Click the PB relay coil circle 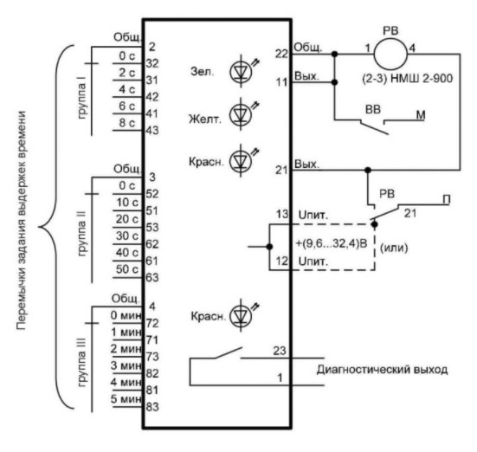pos(390,55)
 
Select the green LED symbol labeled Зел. pos(242,71)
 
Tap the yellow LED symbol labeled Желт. pos(242,114)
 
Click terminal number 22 pos(281,54)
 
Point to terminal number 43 pos(152,130)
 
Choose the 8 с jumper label pos(127,123)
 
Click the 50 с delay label pos(127,269)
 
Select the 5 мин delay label pos(126,398)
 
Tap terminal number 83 pos(152,407)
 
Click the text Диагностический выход pos(382,370)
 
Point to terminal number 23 pos(280,351)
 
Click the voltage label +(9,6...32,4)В pos(332,243)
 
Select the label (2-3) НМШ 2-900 pos(408,79)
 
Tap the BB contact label pos(372,110)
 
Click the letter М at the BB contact pos(421,115)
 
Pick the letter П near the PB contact pos(447,200)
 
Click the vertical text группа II pos(82,234)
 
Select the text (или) pos(394,248)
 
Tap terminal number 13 pos(282,214)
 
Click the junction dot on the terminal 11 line pos(335,82)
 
